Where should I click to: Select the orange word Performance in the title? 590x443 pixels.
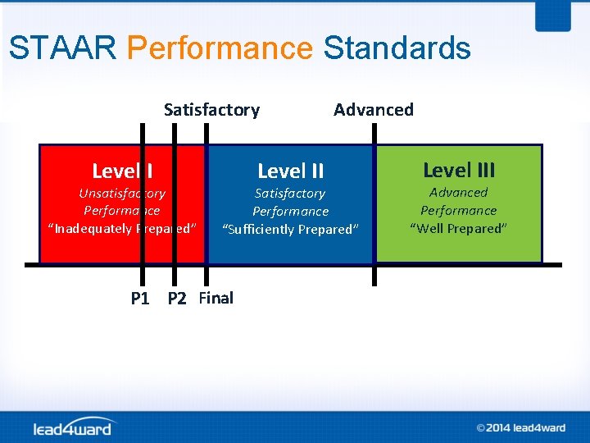[220, 48]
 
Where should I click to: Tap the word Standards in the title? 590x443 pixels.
[397, 48]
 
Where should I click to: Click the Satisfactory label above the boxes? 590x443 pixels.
[211, 110]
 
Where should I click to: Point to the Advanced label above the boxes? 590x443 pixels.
[373, 110]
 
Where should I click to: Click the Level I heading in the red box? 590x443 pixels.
[122, 171]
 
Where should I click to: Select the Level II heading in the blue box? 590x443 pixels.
[290, 171]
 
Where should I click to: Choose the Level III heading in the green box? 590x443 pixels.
[459, 170]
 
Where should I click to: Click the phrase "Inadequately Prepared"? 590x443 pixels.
[122, 228]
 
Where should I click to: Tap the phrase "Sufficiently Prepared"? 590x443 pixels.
[290, 229]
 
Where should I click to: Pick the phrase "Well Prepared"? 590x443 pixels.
[459, 228]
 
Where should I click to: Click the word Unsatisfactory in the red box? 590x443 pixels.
[122, 194]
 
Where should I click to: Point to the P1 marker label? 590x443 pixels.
[140, 299]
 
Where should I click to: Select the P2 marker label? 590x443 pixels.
[177, 299]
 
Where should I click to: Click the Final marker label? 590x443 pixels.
[216, 298]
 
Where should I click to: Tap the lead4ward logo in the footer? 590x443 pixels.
[75, 427]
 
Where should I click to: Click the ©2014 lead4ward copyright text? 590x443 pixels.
[520, 427]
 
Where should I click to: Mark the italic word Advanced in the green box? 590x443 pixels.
[459, 193]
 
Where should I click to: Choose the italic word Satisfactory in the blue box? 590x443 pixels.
[290, 194]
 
